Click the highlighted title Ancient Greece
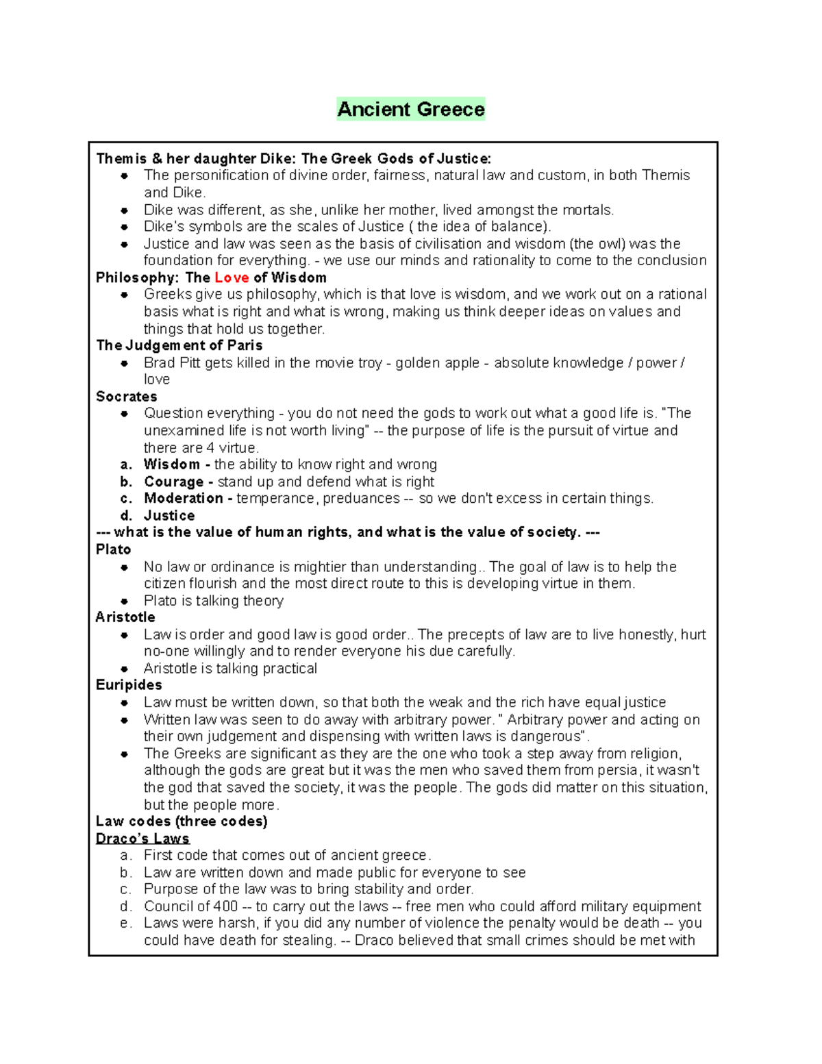pyautogui.click(x=410, y=109)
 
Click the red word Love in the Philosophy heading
pyautogui.click(x=232, y=277)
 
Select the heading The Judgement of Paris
pyautogui.click(x=179, y=345)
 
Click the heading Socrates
pyautogui.click(x=126, y=397)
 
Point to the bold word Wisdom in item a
pyautogui.click(x=171, y=465)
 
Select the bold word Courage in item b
pyautogui.click(x=173, y=482)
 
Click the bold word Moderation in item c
pyautogui.click(x=183, y=498)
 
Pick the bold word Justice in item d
pyautogui.click(x=169, y=515)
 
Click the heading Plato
pyautogui.click(x=113, y=549)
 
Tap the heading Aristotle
pyautogui.click(x=125, y=617)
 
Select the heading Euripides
pyautogui.click(x=129, y=685)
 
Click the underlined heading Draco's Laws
pyautogui.click(x=142, y=839)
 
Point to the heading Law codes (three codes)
pyautogui.click(x=182, y=821)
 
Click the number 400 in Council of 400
pyautogui.click(x=225, y=906)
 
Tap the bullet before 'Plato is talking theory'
pyautogui.click(x=124, y=601)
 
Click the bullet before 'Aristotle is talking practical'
pyautogui.click(x=124, y=669)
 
